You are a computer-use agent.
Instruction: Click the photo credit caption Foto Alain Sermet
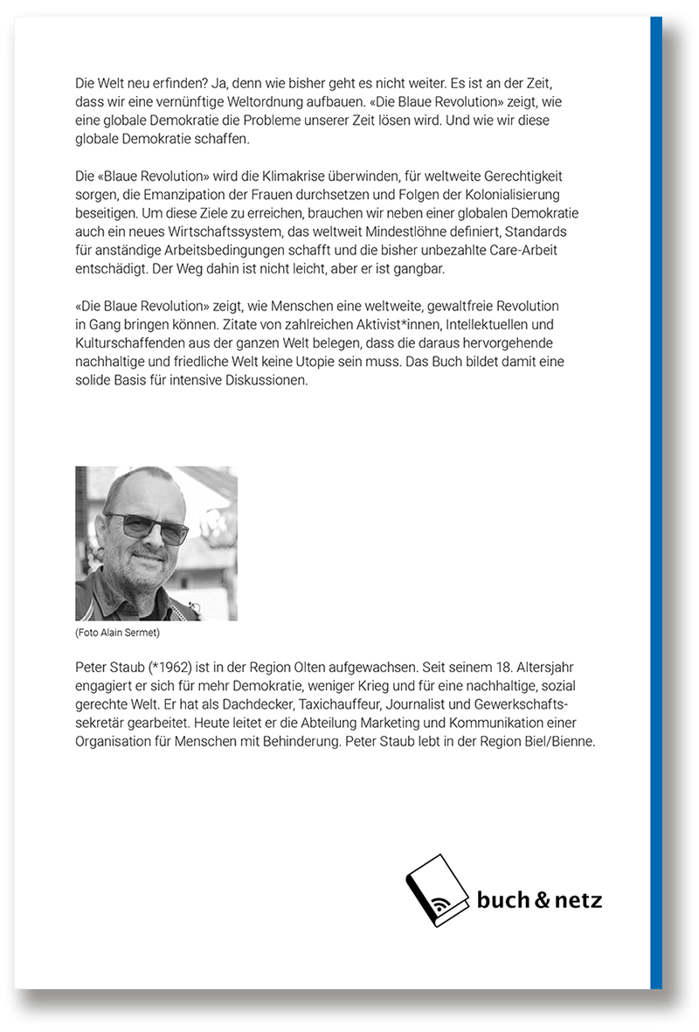(x=118, y=631)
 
